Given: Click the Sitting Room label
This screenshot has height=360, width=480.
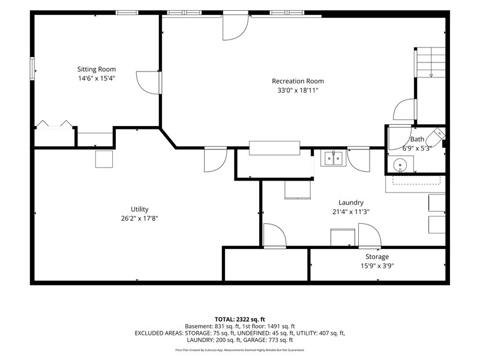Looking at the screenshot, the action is click(x=97, y=69).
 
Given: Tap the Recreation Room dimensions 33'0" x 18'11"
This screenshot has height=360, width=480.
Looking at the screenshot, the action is click(x=298, y=91).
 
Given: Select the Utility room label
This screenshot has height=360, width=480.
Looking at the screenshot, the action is click(x=140, y=209).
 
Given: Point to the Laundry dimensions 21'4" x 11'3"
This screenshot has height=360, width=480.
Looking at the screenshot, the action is click(x=351, y=212).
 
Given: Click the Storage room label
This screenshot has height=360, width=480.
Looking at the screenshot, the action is click(x=377, y=257).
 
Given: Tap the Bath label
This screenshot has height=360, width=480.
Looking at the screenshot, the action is click(x=417, y=139).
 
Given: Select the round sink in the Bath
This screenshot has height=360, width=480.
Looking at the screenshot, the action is click(x=400, y=164).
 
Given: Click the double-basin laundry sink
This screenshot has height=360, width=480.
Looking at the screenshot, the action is click(x=334, y=158).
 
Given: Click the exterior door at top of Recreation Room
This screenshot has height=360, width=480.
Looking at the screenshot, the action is click(x=235, y=27).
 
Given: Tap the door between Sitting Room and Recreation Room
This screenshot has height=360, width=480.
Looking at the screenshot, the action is click(x=148, y=83).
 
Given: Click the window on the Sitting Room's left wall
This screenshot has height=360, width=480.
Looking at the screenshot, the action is click(x=32, y=68).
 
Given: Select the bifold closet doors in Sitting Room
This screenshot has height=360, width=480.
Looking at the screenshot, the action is click(x=55, y=124).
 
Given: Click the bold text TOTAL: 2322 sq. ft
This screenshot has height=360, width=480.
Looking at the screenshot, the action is click(x=239, y=319).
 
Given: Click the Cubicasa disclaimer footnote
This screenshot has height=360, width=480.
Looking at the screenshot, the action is click(x=239, y=350).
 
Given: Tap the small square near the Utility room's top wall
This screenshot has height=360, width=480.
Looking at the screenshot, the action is click(x=104, y=159).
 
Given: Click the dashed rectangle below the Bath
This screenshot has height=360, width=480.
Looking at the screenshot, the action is click(x=416, y=181).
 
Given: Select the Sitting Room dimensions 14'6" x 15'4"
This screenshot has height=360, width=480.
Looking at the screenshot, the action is click(x=97, y=79).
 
